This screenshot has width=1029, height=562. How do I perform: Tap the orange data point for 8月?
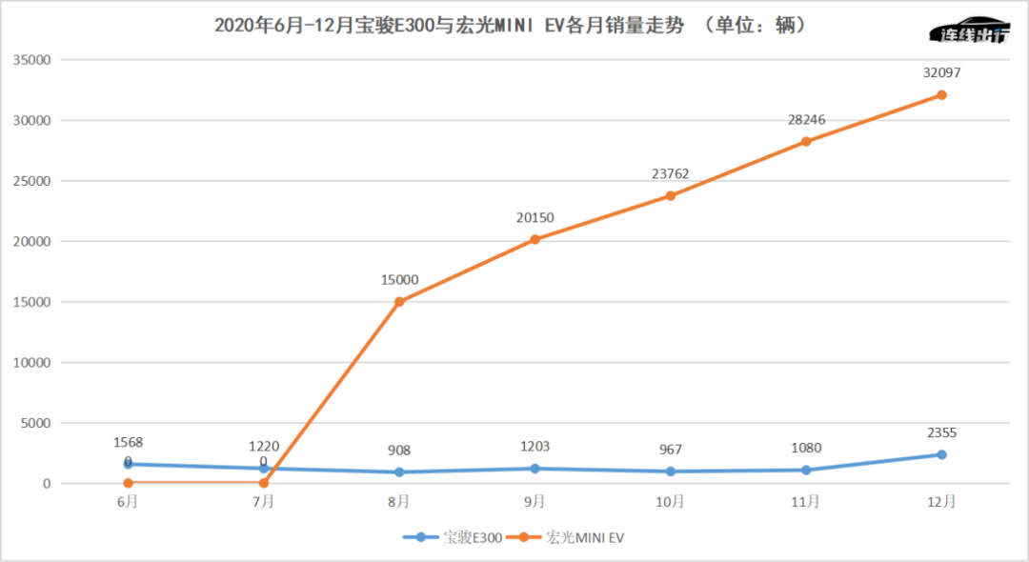(399, 302)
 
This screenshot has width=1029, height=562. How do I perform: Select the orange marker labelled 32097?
(941, 94)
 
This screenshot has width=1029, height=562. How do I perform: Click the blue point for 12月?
(941, 454)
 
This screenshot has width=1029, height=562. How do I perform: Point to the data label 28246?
(806, 120)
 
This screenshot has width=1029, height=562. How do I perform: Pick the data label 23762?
(671, 174)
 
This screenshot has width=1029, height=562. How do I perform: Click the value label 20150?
(535, 218)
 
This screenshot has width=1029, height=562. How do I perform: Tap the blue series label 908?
(399, 451)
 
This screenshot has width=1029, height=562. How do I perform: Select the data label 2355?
(941, 432)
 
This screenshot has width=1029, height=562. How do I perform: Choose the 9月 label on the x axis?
(535, 501)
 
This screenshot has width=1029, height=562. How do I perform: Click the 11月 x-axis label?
(806, 501)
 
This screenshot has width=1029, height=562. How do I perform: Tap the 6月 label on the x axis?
(128, 501)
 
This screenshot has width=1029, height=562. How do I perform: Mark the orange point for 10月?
(671, 195)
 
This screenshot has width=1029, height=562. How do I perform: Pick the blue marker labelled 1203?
(535, 469)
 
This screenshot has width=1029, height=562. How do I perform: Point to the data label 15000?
(399, 280)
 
